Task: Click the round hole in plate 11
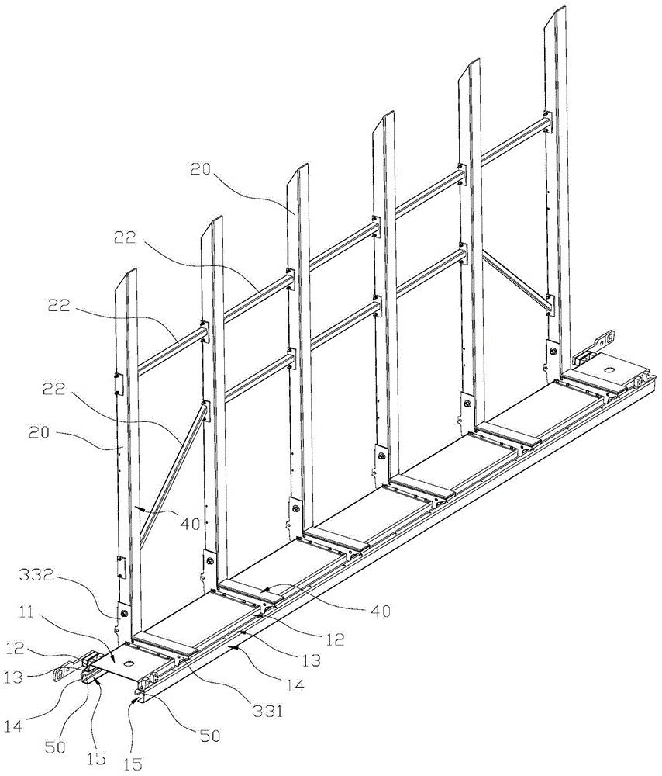[130, 662]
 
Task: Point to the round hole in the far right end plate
[607, 369]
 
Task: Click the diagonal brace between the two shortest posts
[171, 475]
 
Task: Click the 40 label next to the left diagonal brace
[191, 523]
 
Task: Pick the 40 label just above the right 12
[380, 611]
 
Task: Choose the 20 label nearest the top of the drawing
[200, 170]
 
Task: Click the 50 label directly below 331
[209, 736]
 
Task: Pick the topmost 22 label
[125, 238]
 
